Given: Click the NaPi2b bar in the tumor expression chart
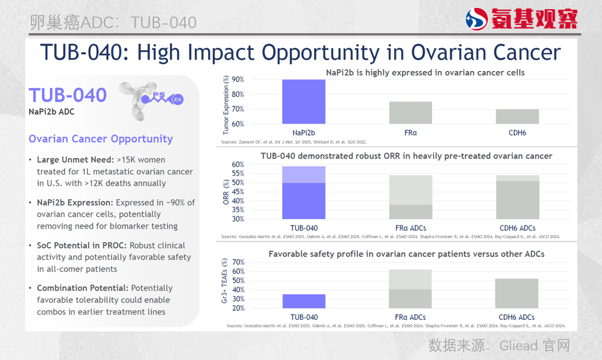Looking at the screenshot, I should [x=304, y=102].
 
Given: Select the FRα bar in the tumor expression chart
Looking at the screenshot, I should [x=410, y=113].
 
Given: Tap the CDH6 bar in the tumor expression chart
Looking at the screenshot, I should [x=517, y=116].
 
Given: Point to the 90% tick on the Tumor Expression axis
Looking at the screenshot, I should [x=237, y=80].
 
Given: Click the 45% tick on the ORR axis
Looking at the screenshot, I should [x=237, y=192].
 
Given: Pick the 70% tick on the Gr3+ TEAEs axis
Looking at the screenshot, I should [x=237, y=262].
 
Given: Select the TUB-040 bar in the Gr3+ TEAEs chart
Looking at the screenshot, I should [x=304, y=301].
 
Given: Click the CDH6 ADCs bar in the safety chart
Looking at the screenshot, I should [x=517, y=293].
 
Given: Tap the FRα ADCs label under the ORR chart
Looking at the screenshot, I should [x=410, y=228].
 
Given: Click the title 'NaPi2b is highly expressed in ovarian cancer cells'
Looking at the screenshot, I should [x=425, y=73].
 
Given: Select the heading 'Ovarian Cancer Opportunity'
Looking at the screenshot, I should [x=101, y=139].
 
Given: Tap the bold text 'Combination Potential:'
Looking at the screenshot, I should [x=83, y=288].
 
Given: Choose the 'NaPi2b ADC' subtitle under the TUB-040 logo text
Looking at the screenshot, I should [x=52, y=112].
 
